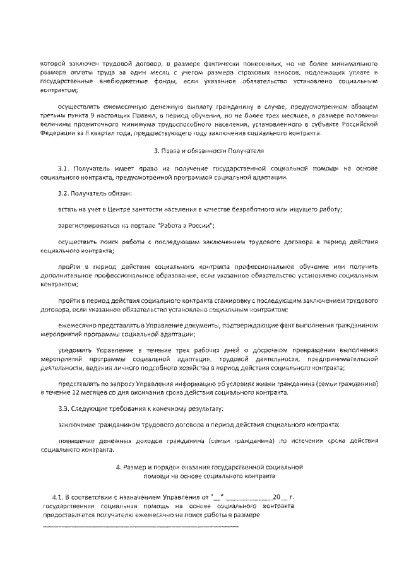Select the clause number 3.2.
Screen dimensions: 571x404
pos(64,192)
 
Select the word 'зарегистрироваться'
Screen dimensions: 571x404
pos(86,225)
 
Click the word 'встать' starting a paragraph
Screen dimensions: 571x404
pos(67,209)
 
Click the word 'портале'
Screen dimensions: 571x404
pos(150,225)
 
